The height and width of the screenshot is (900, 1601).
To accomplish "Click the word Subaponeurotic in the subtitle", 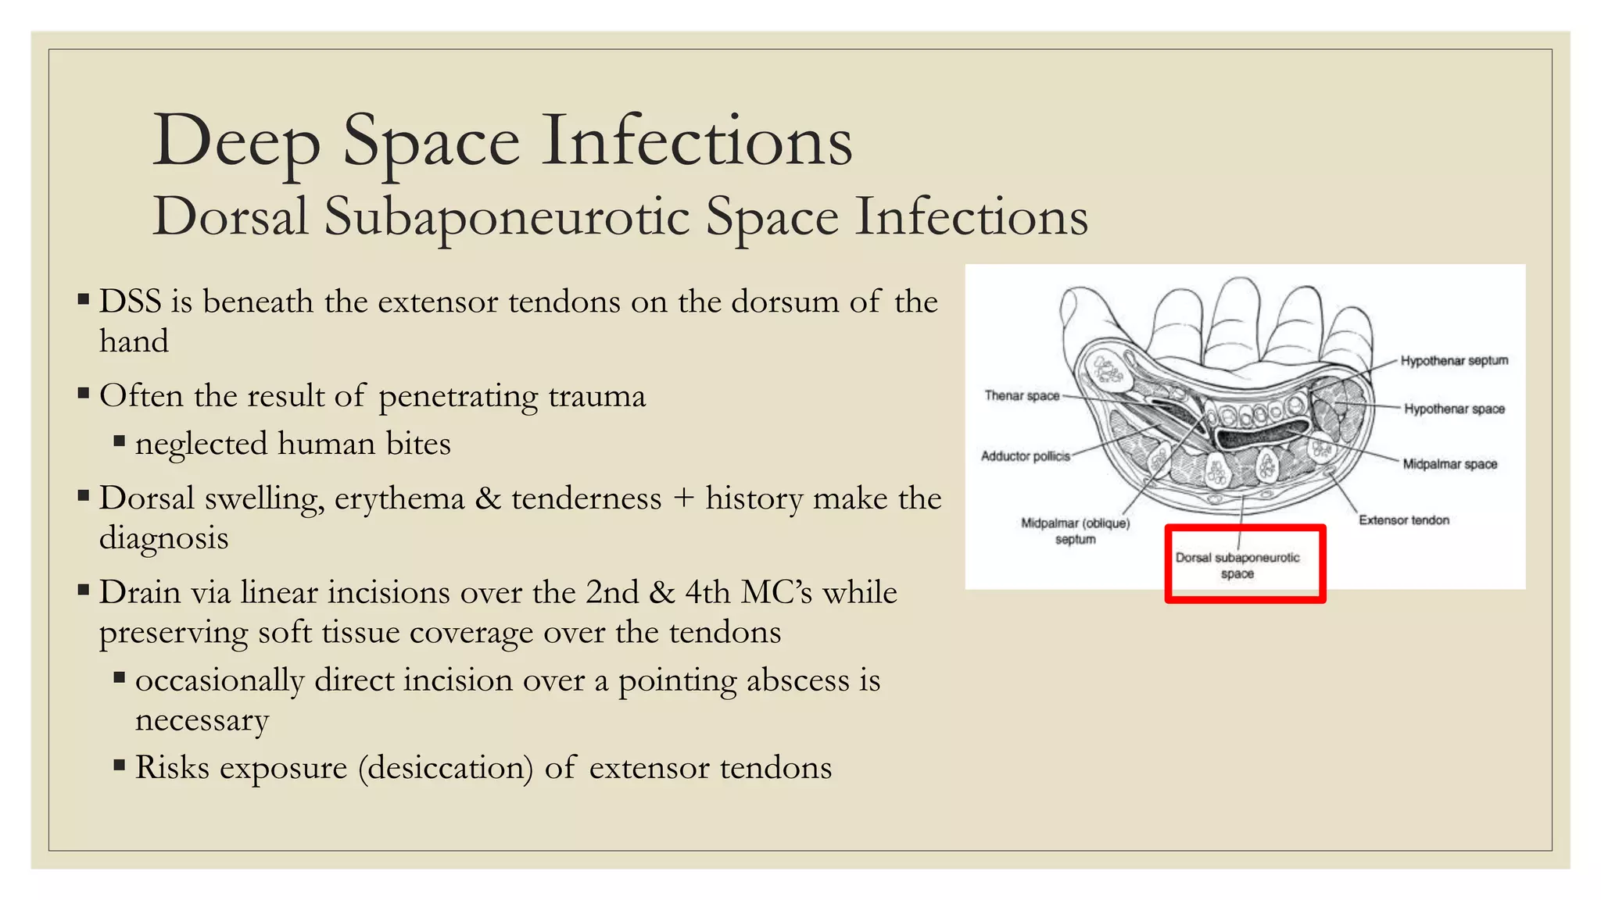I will [507, 217].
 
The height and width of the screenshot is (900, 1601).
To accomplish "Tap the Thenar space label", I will [1022, 395].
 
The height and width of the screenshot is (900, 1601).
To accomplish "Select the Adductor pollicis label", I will [1025, 456].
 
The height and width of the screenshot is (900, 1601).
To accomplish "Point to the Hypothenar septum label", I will [1454, 360].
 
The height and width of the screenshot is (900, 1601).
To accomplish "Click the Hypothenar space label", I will [1454, 409].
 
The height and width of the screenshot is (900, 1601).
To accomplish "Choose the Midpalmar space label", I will [1449, 464].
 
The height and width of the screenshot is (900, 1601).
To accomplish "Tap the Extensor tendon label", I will [1403, 520].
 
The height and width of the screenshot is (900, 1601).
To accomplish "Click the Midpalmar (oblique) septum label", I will [1075, 531].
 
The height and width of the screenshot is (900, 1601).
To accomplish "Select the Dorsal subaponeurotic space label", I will [1237, 566].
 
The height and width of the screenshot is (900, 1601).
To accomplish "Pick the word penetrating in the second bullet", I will [457, 397].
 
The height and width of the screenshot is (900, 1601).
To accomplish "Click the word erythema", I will [399, 499].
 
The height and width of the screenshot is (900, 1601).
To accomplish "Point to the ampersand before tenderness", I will [489, 499].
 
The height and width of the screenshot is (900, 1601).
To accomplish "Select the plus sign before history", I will [684, 499].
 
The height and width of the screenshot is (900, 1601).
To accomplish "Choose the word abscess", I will [797, 681].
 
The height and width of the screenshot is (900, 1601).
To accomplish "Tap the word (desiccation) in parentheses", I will [446, 768].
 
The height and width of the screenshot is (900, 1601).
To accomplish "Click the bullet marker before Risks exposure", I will [120, 765].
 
